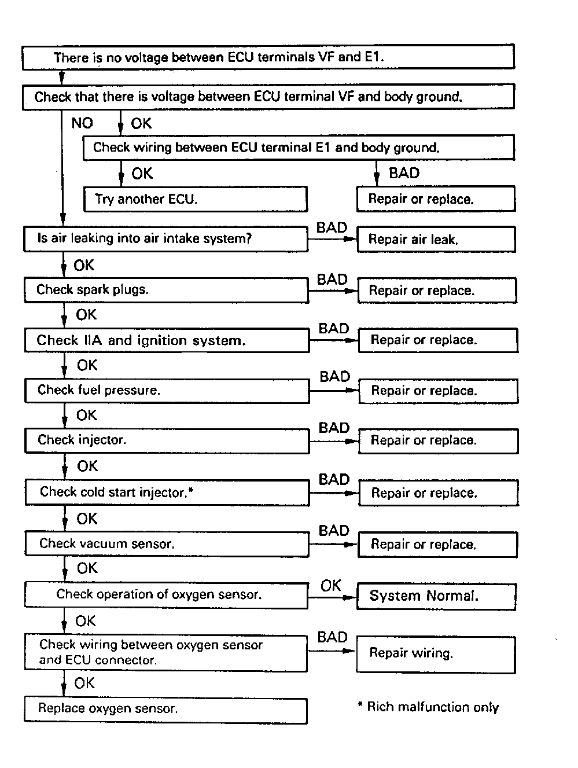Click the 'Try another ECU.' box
click(x=195, y=199)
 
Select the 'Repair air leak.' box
click(x=436, y=239)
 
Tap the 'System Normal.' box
click(x=436, y=596)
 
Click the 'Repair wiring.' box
click(x=435, y=654)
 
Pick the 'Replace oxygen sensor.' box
click(x=165, y=710)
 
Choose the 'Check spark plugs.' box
click(x=166, y=290)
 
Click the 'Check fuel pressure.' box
click(x=167, y=391)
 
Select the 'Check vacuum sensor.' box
click(x=167, y=544)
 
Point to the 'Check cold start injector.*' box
click(x=167, y=493)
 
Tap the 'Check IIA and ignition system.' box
click(x=167, y=340)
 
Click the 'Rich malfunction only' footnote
click(x=428, y=707)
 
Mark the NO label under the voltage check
click(x=82, y=123)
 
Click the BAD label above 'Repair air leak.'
click(x=332, y=227)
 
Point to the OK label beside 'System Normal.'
click(x=331, y=586)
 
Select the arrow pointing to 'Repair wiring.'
click(x=332, y=651)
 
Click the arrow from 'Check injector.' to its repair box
click(x=334, y=441)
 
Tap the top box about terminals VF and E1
click(x=268, y=57)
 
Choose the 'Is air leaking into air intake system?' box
click(x=165, y=238)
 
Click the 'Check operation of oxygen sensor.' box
click(x=165, y=595)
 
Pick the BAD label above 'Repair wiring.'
click(x=332, y=637)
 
